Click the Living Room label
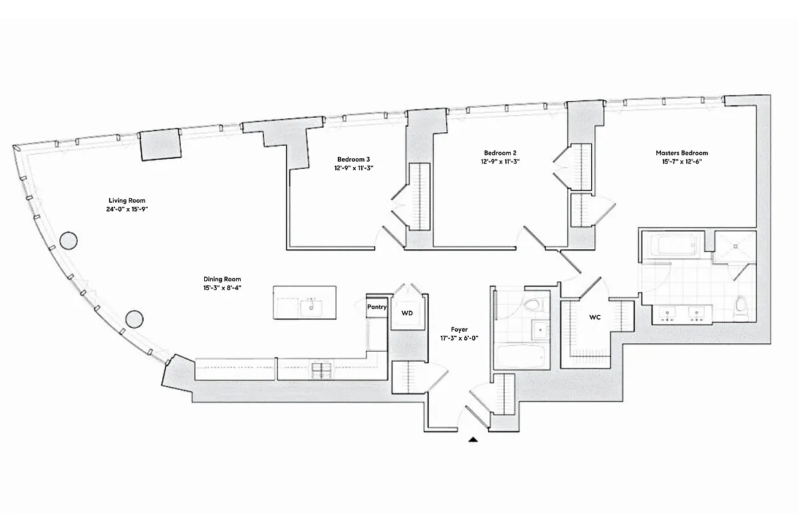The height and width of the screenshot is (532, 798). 126,200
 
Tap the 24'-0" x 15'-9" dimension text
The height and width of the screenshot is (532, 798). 126,209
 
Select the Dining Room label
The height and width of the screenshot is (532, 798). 222,279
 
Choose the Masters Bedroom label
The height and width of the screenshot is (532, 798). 682,153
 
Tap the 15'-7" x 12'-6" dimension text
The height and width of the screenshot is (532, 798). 682,162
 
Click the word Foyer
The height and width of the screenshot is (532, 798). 459,329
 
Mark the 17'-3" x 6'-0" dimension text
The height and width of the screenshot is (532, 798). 459,338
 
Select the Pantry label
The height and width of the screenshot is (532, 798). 377,307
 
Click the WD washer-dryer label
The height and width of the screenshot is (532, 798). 406,313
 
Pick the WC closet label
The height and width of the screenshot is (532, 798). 595,317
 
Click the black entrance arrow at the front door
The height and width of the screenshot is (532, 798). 473,439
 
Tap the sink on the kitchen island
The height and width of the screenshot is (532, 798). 311,307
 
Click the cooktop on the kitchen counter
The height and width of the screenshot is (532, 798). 323,370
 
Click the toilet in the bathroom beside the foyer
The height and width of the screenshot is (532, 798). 533,305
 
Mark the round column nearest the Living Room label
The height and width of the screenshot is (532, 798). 68,240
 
